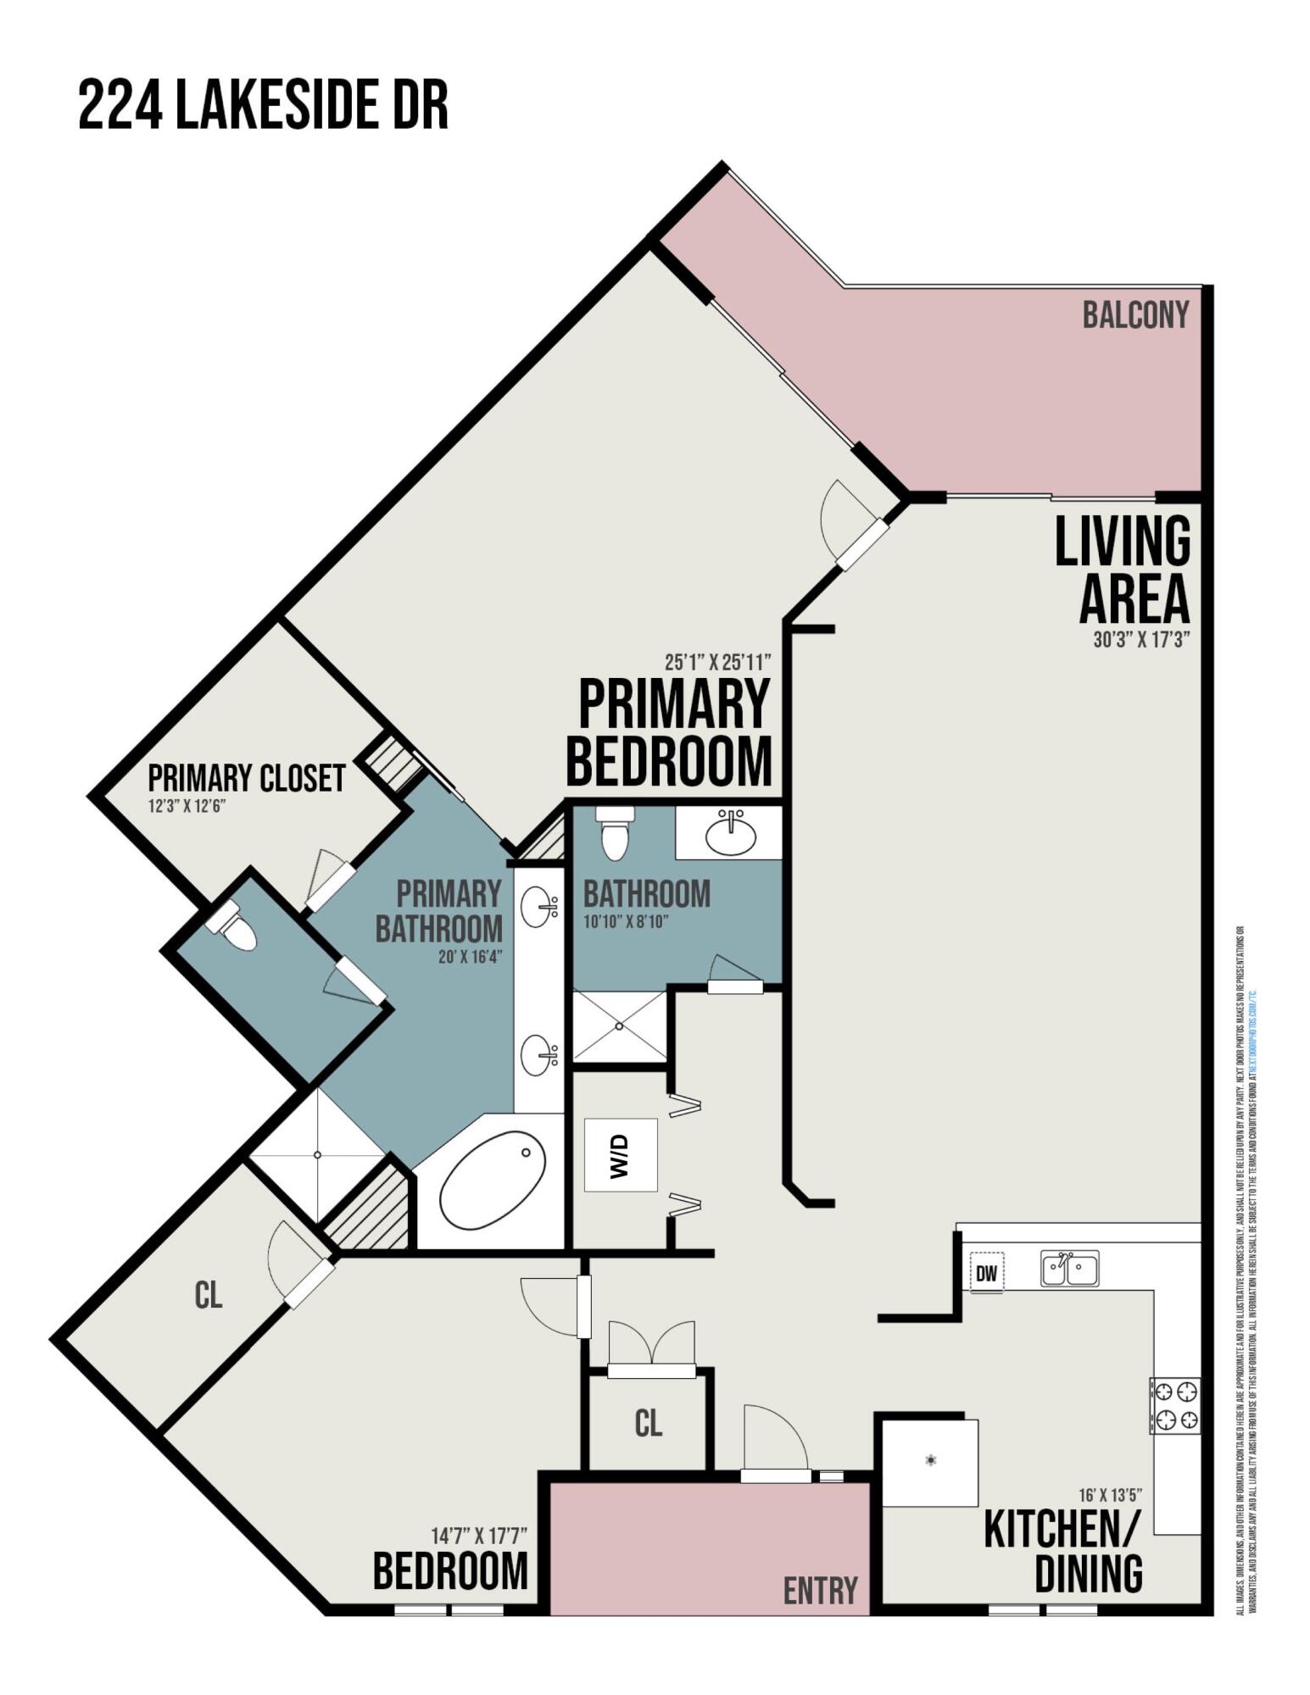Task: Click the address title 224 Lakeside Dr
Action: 263,105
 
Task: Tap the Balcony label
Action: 1134,315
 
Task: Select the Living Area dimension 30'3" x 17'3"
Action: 1141,640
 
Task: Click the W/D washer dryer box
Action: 621,1154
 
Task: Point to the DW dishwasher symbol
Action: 986,1273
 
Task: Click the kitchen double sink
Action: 1069,1269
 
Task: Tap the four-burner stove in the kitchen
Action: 1175,1405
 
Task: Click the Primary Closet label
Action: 246,778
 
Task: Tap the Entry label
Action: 820,1591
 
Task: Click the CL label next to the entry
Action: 649,1423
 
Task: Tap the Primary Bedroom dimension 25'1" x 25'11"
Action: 717,661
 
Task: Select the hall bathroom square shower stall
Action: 620,1026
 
